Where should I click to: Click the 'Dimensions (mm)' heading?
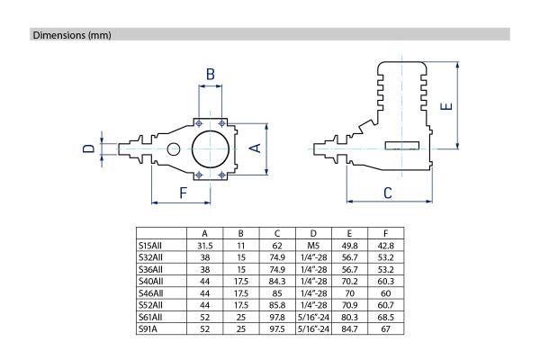(x=72, y=35)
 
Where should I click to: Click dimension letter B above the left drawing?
(x=210, y=74)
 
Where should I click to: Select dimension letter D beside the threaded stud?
(x=88, y=148)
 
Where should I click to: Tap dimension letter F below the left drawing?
(x=183, y=193)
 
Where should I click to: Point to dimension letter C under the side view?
(x=388, y=193)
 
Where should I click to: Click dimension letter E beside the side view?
(x=446, y=106)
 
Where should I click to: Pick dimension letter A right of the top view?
(x=255, y=148)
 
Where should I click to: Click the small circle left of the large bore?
(x=173, y=149)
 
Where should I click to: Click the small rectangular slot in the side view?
(x=402, y=146)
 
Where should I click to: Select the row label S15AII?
(x=149, y=246)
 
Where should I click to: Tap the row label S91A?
(x=148, y=329)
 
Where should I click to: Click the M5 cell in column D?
(x=313, y=246)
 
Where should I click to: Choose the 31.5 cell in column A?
(x=205, y=246)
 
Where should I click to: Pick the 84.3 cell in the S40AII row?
(x=277, y=282)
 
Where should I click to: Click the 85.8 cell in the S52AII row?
(x=277, y=305)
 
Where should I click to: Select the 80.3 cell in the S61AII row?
(x=349, y=317)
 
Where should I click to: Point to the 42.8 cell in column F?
(x=386, y=246)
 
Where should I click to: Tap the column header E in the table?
(x=349, y=234)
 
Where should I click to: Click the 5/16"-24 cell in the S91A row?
(x=313, y=329)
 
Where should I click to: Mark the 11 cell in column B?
(x=240, y=246)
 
